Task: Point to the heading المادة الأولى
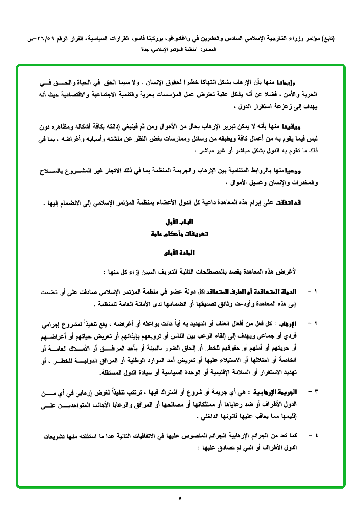pos(180,253)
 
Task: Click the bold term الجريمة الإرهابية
pos(282,392)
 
